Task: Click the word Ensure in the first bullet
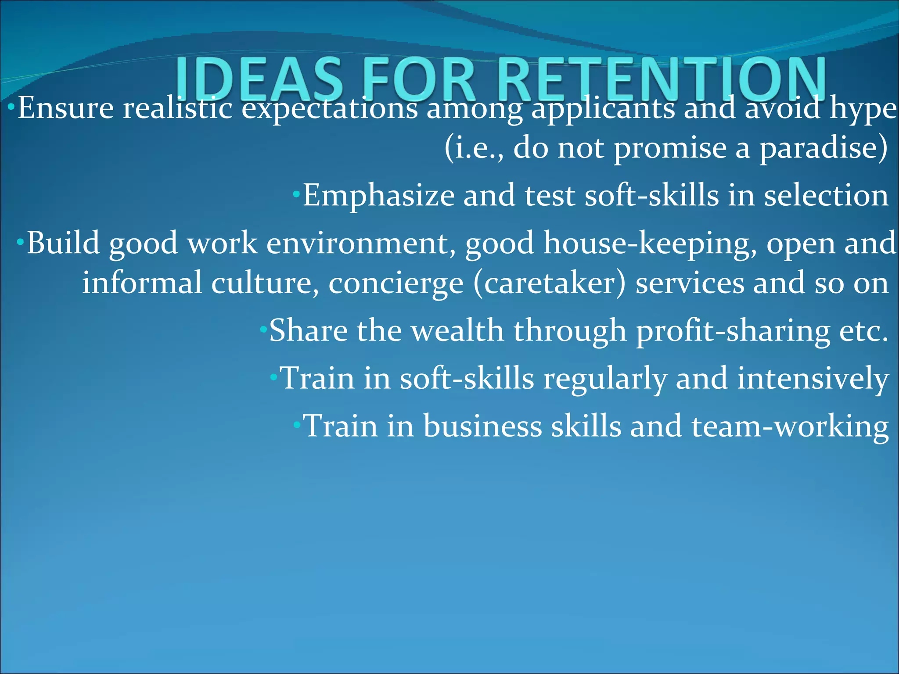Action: point(65,108)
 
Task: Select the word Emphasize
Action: point(378,196)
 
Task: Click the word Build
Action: point(63,243)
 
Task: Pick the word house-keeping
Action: point(650,244)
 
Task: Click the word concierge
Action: point(396,283)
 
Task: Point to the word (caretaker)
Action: point(549,283)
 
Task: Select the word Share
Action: point(308,330)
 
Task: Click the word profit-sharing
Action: point(733,331)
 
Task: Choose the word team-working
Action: point(790,427)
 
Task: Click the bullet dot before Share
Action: point(263,328)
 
